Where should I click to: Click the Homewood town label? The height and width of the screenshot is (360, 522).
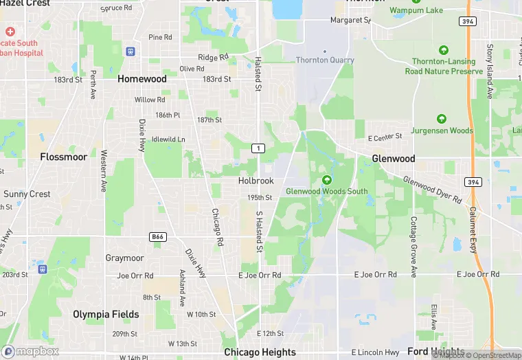pos(141,79)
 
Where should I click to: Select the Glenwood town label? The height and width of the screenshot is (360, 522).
pos(394,159)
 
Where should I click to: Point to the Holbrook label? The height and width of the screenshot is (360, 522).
pos(256,181)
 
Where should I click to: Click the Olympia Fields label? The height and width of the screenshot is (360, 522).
pos(106,315)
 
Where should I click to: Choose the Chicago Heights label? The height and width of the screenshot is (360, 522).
pos(260,352)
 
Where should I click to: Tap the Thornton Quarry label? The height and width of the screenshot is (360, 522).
pos(325,60)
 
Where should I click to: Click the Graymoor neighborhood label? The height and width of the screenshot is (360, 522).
pos(124,258)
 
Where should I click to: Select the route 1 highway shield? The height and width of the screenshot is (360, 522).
pos(258,148)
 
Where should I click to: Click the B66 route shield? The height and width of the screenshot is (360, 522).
pos(157,237)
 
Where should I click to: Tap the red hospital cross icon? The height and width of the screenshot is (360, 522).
pos(10,32)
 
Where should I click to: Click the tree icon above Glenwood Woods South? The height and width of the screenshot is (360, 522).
pos(326,180)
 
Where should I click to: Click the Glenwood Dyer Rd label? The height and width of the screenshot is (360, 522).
pos(433,190)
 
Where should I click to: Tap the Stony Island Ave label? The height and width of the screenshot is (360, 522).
pos(490,71)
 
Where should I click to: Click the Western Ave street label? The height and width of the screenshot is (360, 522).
pos(104,170)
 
